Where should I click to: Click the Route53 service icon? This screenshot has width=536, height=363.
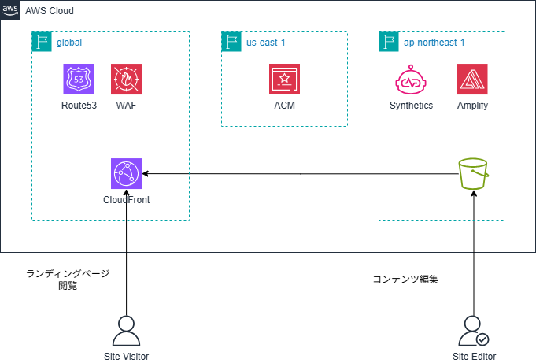pos(79,80)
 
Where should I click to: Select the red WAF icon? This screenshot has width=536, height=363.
pos(126,80)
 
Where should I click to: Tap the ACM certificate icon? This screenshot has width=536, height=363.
pos(284,80)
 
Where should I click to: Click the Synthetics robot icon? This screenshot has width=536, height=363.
pos(411,80)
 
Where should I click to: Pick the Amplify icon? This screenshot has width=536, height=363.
pos(471,80)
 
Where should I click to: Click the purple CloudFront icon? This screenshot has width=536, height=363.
pos(126,173)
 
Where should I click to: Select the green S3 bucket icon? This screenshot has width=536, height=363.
pos(474,172)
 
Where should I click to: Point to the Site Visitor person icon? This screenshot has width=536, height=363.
pos(126,331)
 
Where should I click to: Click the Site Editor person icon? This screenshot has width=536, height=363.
pos(474,331)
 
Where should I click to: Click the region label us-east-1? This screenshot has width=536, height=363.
pos(265,42)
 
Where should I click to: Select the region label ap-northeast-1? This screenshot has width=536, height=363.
pos(431,42)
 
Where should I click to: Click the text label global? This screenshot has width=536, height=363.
pos(69,42)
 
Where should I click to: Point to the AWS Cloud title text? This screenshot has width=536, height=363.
pos(52,10)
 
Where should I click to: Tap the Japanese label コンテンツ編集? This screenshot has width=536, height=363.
pos(405,279)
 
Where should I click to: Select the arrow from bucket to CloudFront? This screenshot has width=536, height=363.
pos(299,173)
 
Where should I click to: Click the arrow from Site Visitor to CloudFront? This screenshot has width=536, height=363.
pos(126,252)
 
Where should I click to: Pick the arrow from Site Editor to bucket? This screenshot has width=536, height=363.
pos(474,252)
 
